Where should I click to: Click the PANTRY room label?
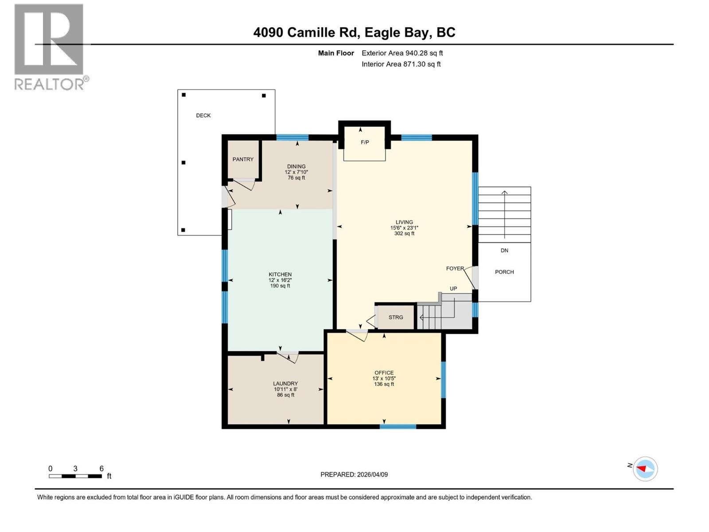click(x=243, y=159)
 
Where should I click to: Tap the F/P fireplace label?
click(x=365, y=142)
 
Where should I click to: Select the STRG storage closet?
click(x=396, y=317)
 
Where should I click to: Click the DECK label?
click(x=203, y=115)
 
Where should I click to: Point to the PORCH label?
click(x=504, y=272)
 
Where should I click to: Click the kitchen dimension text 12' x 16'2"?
click(x=280, y=280)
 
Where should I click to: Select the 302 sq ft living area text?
click(x=404, y=234)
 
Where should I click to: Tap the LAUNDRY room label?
click(x=285, y=383)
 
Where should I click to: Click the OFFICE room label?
click(x=384, y=373)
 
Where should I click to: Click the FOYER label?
click(x=455, y=268)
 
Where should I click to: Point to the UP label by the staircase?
click(x=453, y=289)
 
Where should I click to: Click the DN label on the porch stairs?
click(x=504, y=250)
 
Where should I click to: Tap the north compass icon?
click(x=645, y=469)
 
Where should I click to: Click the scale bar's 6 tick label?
click(x=101, y=469)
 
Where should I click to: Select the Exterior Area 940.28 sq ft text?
click(x=402, y=53)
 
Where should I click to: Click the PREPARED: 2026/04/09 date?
click(x=354, y=474)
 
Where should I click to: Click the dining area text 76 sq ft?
click(x=296, y=178)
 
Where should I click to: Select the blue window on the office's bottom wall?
click(x=397, y=426)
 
